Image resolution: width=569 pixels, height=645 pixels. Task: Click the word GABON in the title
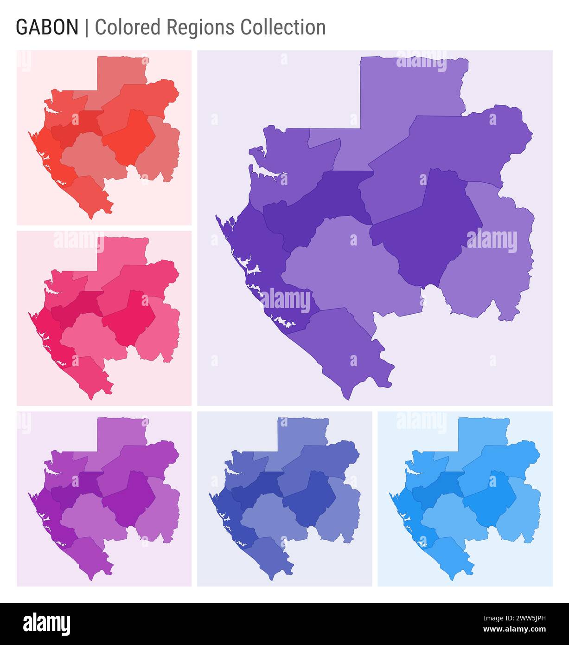click(x=47, y=27)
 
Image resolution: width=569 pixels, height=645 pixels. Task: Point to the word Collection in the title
click(x=283, y=27)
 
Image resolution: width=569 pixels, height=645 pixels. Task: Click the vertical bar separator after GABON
click(x=87, y=27)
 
